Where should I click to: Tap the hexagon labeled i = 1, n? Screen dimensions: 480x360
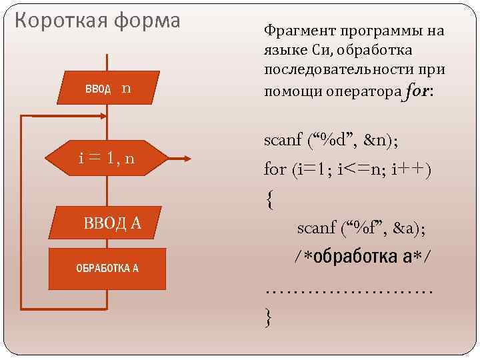[107, 159]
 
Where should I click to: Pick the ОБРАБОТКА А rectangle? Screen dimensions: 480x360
[107, 269]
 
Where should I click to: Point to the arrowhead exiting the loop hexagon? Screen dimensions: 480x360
[187, 159]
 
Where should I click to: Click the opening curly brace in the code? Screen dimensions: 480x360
[269, 199]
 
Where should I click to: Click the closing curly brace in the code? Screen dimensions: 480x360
[269, 315]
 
